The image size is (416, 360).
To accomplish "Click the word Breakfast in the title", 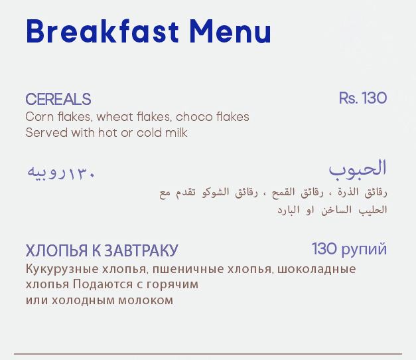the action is click(102, 31).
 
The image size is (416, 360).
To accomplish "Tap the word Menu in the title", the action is click(230, 31).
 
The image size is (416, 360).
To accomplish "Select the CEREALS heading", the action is click(58, 99).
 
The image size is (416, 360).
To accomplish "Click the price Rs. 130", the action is click(363, 98).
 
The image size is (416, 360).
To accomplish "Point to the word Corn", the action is click(40, 117).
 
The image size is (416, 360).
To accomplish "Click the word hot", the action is click(107, 133).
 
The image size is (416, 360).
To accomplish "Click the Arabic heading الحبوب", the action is click(358, 169).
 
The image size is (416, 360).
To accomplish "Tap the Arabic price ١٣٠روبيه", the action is click(61, 173).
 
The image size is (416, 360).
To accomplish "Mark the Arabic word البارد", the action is click(289, 210).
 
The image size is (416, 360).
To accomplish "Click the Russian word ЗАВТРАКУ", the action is click(141, 250).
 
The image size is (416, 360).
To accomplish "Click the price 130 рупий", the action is click(349, 249).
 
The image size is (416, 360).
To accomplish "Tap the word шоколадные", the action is click(316, 270).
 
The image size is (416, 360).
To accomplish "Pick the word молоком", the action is click(146, 300).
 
